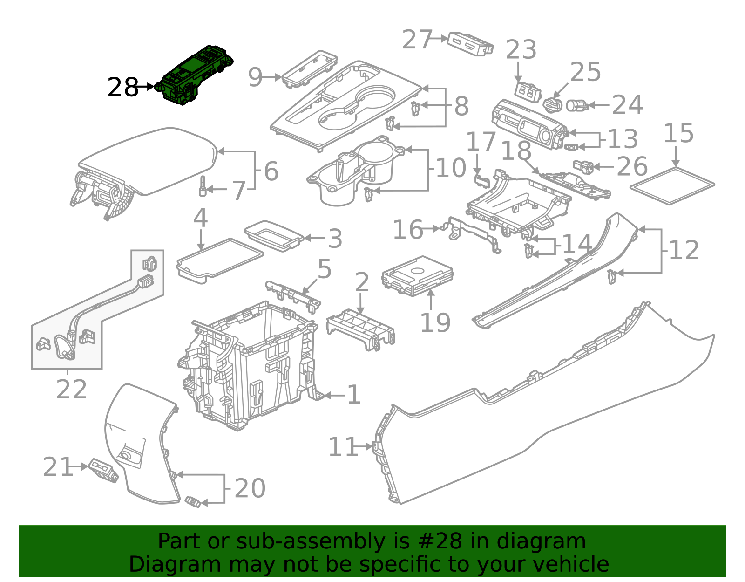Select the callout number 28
click(x=122, y=87)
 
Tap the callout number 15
click(x=678, y=134)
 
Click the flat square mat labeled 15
click(x=672, y=186)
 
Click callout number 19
click(x=435, y=323)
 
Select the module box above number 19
click(x=417, y=276)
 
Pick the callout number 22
click(x=71, y=390)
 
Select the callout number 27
click(x=417, y=39)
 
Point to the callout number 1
click(x=354, y=395)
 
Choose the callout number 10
click(x=451, y=168)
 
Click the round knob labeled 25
click(x=553, y=104)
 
